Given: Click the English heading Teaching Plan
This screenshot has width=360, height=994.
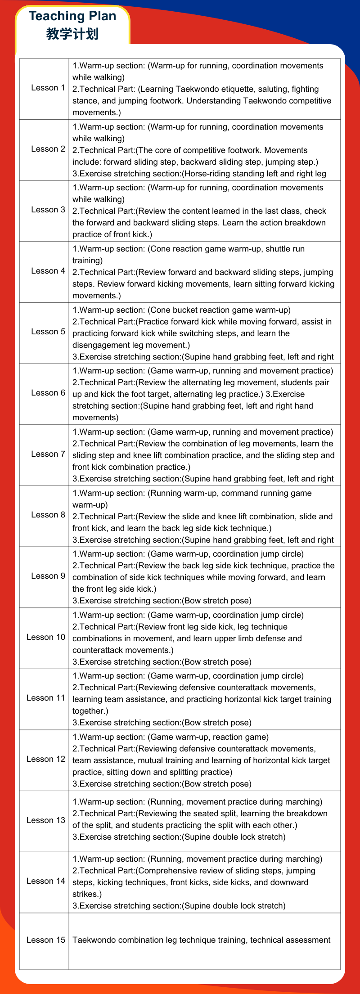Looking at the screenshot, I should pyautogui.click(x=72, y=16).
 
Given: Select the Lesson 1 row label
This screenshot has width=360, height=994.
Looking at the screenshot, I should pyautogui.click(x=48, y=88).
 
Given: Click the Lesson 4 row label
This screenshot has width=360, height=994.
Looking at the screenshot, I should pyautogui.click(x=48, y=271).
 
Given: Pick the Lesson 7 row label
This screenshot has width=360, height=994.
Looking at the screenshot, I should pyautogui.click(x=48, y=454).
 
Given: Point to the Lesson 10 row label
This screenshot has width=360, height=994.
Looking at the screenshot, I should pyautogui.click(x=46, y=637).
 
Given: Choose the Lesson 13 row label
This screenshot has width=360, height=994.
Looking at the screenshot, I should pyautogui.click(x=46, y=820).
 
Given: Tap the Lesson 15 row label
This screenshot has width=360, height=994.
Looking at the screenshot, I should pyautogui.click(x=46, y=940).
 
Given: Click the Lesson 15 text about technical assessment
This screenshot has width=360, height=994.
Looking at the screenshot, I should pyautogui.click(x=201, y=940).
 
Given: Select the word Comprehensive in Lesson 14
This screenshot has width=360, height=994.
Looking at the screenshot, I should pyautogui.click(x=165, y=871).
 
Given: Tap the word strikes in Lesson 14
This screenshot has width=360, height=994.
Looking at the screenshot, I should pyautogui.click(x=85, y=894).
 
